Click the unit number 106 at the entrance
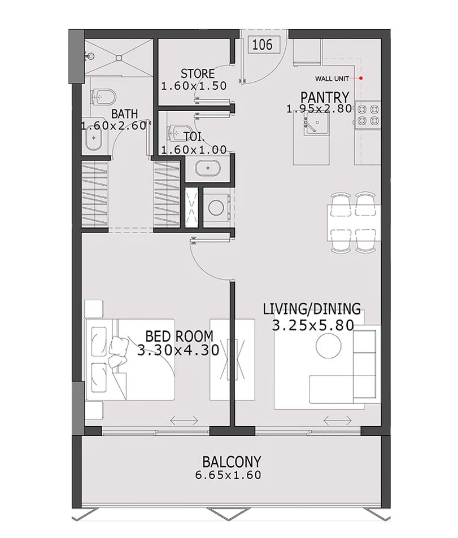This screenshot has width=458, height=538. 262,45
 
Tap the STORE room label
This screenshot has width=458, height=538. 198,74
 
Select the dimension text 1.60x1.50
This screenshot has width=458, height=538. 194,86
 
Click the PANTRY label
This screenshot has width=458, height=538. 324,97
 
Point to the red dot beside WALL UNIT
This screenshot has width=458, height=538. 361,78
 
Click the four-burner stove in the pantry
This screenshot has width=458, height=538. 368,115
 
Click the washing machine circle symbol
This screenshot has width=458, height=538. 215,207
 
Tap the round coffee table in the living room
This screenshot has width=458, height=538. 329,345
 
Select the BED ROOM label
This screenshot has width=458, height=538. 178,336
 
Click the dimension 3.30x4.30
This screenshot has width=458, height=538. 178,350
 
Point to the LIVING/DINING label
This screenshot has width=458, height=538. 312,309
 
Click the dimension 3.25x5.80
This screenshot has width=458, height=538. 313,325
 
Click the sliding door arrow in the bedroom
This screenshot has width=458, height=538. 183,420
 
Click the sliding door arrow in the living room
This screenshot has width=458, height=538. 337,420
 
